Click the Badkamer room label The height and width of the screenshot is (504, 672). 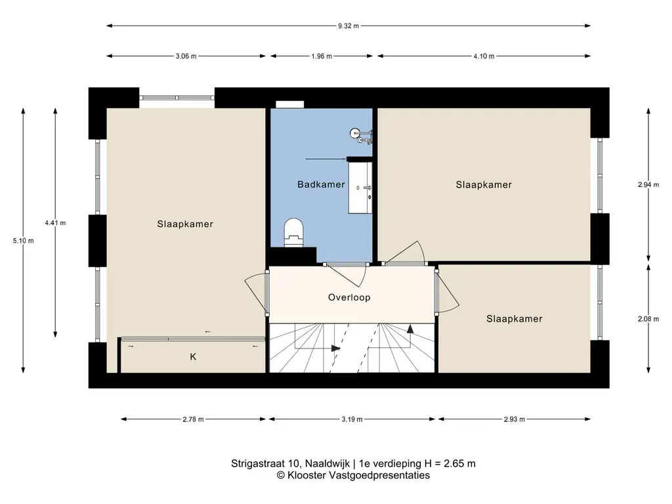(x=321, y=184)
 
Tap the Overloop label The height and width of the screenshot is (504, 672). (x=349, y=297)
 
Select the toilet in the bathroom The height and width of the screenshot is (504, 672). (x=294, y=233)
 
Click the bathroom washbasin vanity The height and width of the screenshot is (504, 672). (x=360, y=187)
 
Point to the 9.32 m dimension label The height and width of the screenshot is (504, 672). (x=348, y=26)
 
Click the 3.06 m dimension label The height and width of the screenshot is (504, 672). (x=186, y=56)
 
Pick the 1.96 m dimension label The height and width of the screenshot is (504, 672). (x=322, y=56)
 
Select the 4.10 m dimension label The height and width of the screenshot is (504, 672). (x=484, y=56)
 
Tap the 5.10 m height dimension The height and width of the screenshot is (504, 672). (x=23, y=241)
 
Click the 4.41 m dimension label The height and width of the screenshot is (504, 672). (x=55, y=223)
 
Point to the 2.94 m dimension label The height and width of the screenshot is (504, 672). (x=648, y=184)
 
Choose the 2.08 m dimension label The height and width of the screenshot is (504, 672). (x=648, y=319)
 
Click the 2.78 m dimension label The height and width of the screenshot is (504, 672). (x=194, y=419)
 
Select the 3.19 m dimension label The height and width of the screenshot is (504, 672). (x=352, y=419)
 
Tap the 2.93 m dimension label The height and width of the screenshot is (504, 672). (x=514, y=419)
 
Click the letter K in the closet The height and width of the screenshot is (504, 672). (x=194, y=356)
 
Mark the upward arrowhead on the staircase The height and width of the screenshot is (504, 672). (x=410, y=329)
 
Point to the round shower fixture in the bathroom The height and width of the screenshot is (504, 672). (x=355, y=133)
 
